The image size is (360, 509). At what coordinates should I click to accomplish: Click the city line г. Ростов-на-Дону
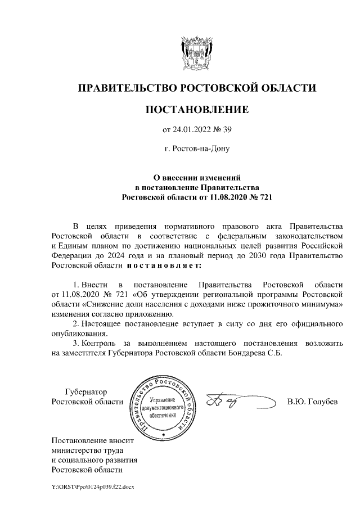tap(196, 149)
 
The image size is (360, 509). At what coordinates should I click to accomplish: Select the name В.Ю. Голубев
tap(312, 402)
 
